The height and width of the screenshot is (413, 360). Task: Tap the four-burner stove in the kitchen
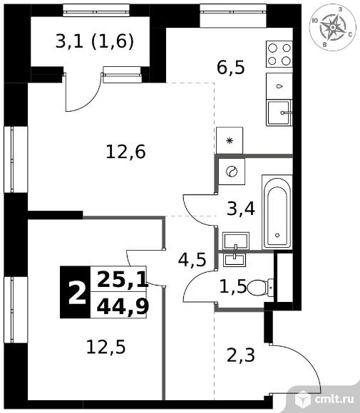tap(279, 54)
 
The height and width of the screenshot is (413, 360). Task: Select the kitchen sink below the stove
tap(279, 113)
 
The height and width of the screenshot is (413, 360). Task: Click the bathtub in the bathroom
tap(277, 212)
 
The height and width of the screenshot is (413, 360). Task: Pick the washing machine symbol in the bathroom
tap(232, 172)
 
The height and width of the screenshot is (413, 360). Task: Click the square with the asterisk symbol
tap(230, 140)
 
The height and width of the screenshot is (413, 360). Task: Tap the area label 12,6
tap(125, 152)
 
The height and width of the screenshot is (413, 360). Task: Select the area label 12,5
tap(106, 347)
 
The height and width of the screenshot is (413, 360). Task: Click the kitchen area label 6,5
tap(231, 68)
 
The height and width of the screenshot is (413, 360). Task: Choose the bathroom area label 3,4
tap(241, 209)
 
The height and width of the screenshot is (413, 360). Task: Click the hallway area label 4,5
tap(192, 260)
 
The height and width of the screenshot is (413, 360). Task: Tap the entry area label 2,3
tap(241, 355)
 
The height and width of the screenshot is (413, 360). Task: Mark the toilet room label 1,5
tap(233, 287)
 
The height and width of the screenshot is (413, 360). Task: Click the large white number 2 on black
tap(77, 293)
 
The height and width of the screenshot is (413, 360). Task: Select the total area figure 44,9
tap(123, 306)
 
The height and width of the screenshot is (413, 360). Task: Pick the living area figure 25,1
tap(123, 279)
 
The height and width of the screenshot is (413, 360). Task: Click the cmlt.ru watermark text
tap(334, 399)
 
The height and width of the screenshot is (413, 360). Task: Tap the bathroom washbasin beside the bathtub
tap(236, 241)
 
